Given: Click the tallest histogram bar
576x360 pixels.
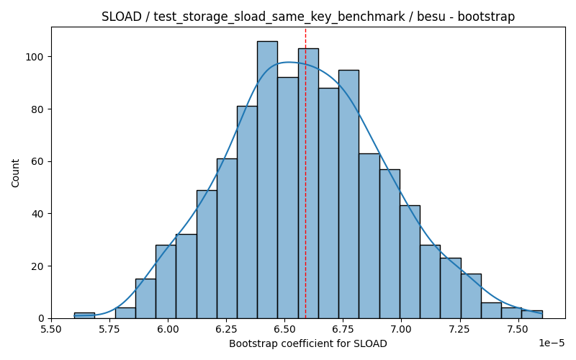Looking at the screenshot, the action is pos(267,179).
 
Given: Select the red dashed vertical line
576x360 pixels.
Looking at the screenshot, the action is pos(305,173).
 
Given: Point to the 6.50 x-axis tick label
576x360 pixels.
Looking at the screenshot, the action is pos(284,328).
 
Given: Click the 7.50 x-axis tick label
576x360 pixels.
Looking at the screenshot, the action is pos(518,328).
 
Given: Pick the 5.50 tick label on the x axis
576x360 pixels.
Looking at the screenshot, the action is pos(51,328).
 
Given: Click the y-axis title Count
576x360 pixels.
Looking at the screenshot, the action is pos(15,173).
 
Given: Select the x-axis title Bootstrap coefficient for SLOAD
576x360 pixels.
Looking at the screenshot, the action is pos(308,344).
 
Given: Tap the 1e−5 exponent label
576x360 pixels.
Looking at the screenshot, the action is pos(552,343).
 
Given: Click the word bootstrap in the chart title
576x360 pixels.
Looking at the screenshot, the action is pos(486,17).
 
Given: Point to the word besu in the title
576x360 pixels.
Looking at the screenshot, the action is pos(431,17).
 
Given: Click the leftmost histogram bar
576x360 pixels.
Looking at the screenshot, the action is pos(84,315).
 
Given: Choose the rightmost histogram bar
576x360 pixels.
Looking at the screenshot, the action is pos(532,315).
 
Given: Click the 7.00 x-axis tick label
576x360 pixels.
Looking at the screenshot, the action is pos(401,328).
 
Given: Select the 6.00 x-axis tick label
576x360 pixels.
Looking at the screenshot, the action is pos(168,328).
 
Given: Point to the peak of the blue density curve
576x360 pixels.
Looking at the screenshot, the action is pos(289,62).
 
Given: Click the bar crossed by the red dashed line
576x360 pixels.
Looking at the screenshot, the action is pos(309,184).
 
